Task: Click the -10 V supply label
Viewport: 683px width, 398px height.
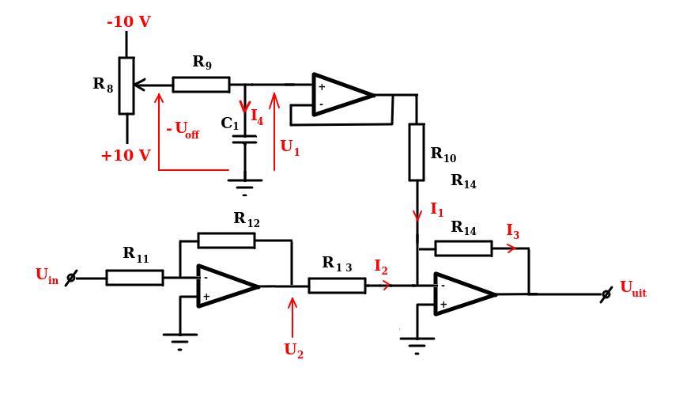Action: (129, 22)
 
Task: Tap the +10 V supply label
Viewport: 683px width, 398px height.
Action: (126, 155)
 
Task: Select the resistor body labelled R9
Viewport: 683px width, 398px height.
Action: (201, 85)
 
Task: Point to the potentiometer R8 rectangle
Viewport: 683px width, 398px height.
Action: (126, 86)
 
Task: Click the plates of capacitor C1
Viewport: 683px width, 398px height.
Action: (244, 139)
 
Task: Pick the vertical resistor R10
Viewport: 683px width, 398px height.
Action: (417, 152)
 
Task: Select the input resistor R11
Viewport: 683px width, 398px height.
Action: (134, 278)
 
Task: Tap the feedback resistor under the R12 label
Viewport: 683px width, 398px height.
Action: (226, 241)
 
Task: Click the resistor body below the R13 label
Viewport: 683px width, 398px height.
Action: (337, 286)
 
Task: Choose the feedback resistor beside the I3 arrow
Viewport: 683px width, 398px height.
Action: (463, 248)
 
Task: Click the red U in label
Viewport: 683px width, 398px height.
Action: (47, 275)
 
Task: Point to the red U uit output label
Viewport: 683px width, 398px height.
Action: (633, 289)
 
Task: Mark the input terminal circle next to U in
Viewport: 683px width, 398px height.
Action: (71, 278)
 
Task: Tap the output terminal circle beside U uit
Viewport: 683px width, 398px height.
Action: (606, 294)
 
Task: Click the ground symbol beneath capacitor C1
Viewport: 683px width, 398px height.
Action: (245, 188)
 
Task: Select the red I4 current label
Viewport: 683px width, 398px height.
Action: (257, 117)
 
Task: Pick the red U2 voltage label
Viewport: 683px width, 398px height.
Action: (293, 350)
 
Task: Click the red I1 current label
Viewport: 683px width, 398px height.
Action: (437, 210)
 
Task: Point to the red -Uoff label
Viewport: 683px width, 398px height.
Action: (183, 130)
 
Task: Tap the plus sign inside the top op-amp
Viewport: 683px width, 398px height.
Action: (322, 87)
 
